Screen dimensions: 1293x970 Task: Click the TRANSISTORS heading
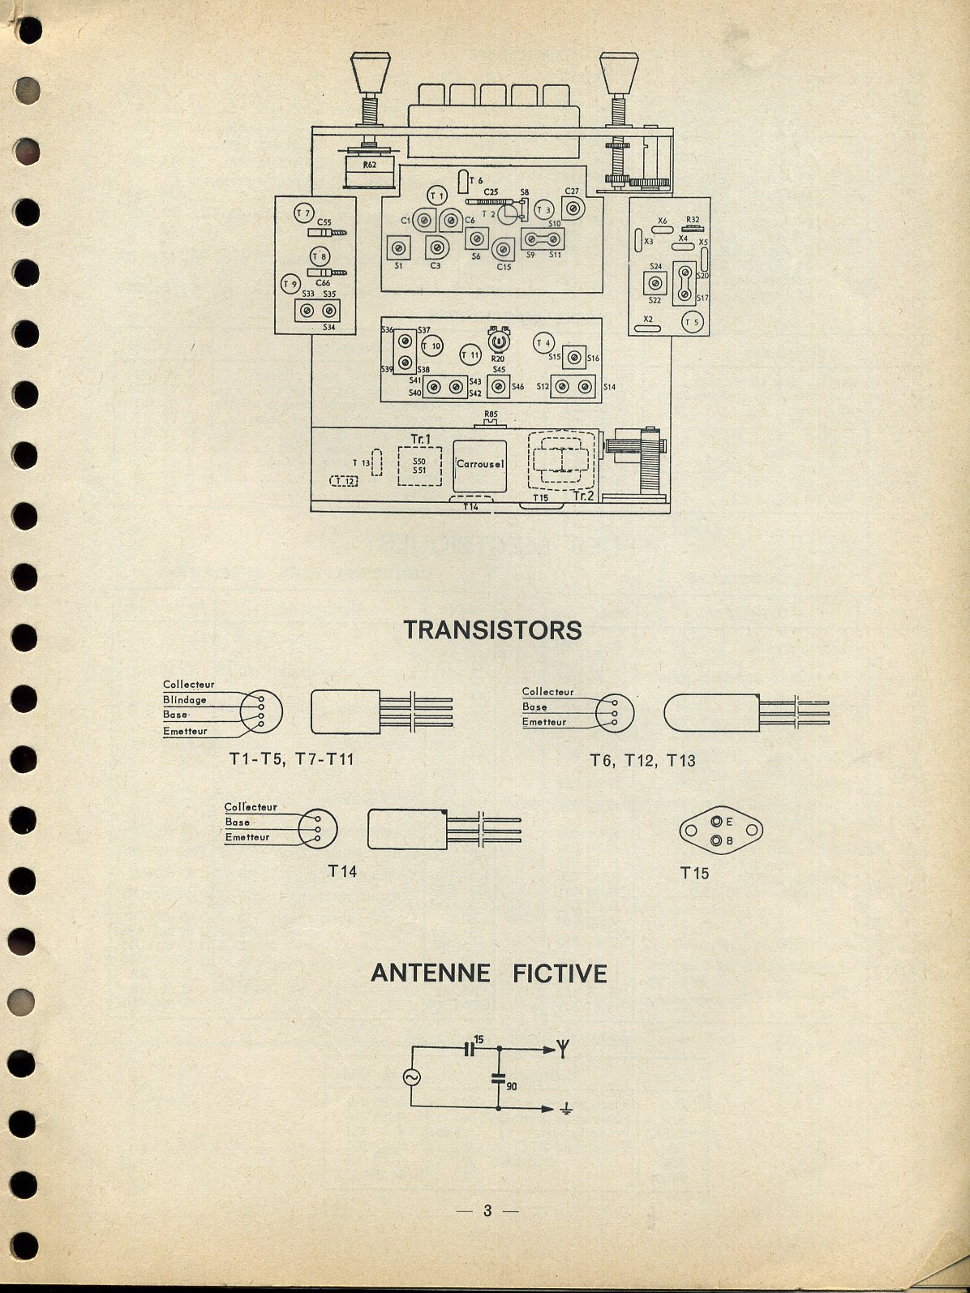coord(492,629)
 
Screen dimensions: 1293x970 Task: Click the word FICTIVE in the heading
coord(560,973)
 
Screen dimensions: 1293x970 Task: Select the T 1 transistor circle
coord(437,196)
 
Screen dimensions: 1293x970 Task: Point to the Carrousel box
coord(480,464)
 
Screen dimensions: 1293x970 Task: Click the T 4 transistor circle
coord(543,342)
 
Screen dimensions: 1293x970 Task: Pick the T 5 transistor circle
coord(692,321)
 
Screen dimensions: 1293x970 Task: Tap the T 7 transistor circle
coord(303,214)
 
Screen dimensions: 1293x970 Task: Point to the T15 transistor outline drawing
coord(721,831)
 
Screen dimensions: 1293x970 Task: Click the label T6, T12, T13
coord(642,761)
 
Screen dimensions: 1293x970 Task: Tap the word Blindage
coord(184,700)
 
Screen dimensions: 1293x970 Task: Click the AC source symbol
coord(411,1076)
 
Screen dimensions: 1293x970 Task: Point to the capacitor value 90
coord(511,1085)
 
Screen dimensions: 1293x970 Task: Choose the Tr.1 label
coord(420,438)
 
